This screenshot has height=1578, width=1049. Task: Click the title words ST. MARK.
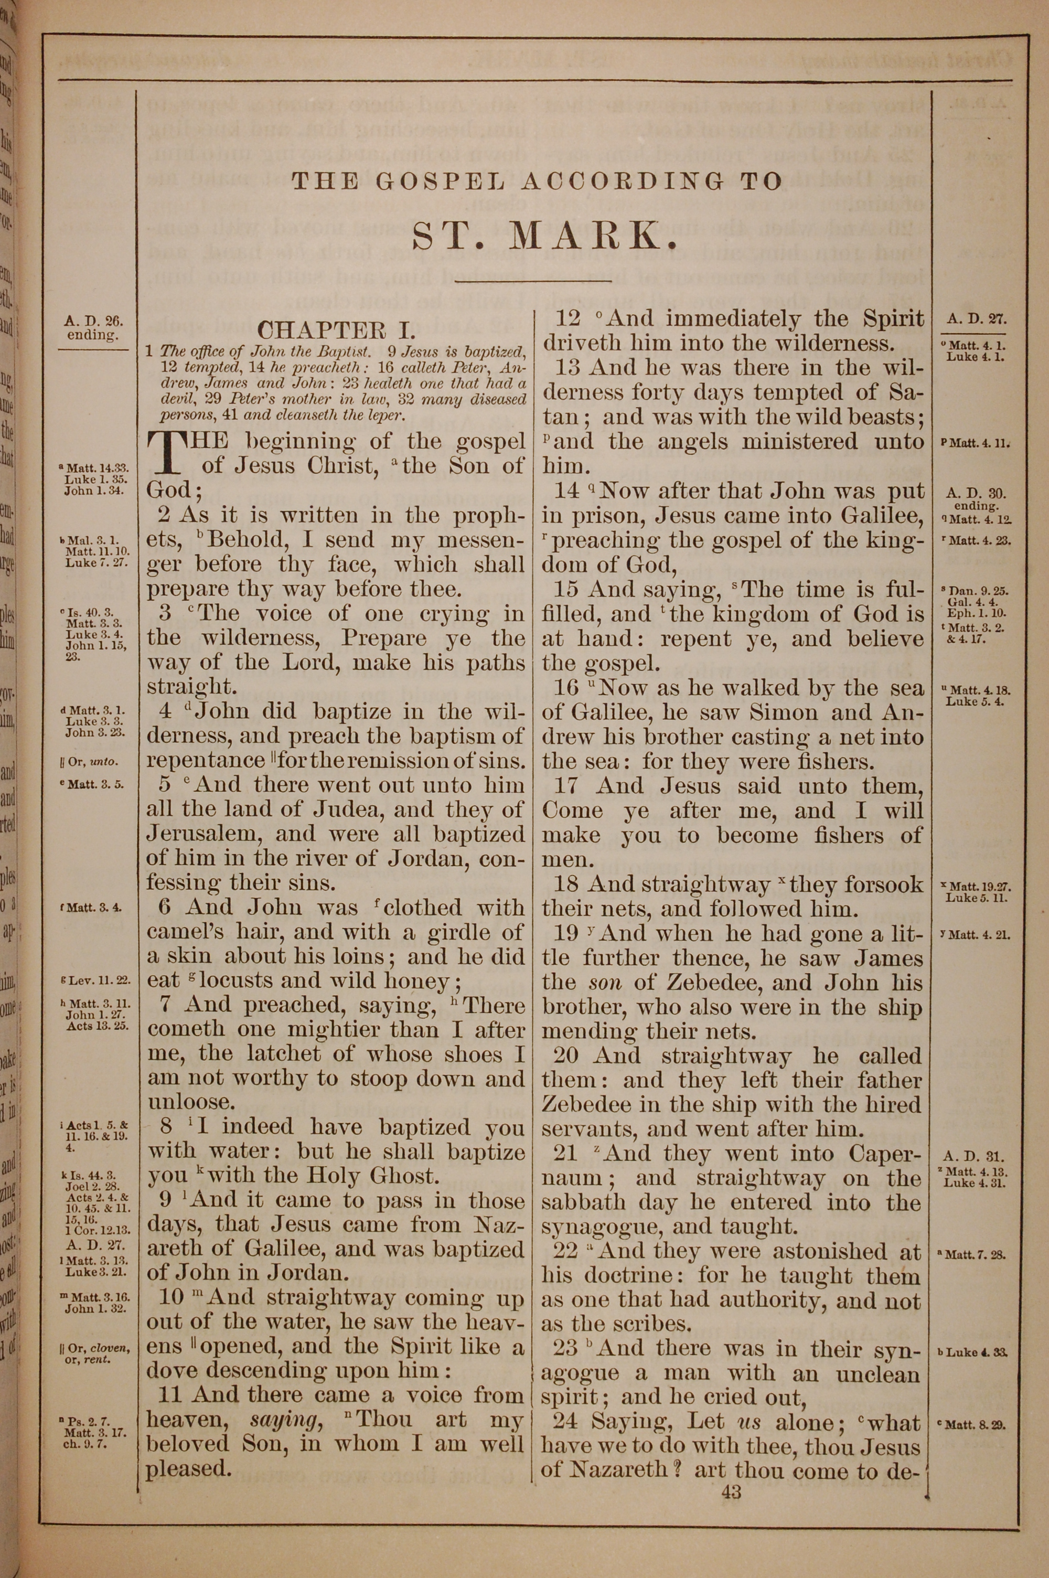point(537,236)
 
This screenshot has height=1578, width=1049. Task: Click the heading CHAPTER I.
point(337,330)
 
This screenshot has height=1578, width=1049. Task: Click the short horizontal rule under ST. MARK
point(532,281)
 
